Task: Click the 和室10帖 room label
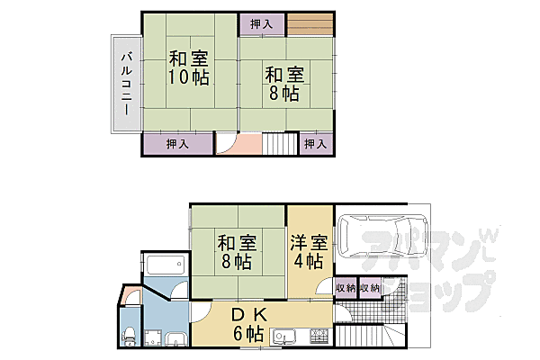[x=190, y=66]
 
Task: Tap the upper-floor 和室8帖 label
[x=283, y=83]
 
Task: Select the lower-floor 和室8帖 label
[x=238, y=252]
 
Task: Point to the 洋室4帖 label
[x=307, y=252]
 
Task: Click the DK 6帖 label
[x=248, y=322]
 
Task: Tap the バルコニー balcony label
[x=126, y=83]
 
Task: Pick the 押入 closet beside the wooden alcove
[x=261, y=24]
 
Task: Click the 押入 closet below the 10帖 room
[x=177, y=143]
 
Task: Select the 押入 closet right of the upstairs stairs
[x=314, y=143]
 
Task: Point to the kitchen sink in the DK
[x=286, y=337]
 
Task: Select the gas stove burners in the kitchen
[x=319, y=337]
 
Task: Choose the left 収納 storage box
[x=345, y=288]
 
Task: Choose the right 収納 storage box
[x=370, y=288]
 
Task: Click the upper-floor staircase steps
[x=279, y=143]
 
